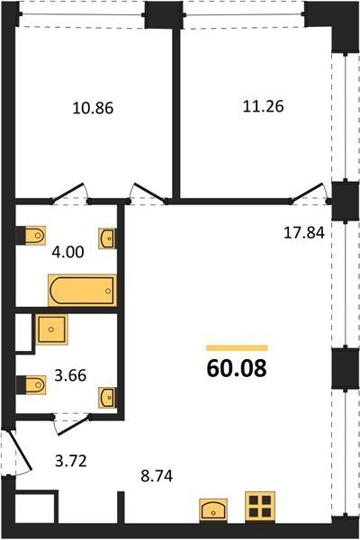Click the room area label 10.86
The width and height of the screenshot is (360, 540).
pos(93,108)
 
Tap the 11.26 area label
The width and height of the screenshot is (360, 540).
pos(263,106)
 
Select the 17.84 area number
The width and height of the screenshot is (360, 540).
pos(304,233)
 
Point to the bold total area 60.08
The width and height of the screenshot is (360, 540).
pos(237,368)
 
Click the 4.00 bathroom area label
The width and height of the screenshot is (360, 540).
pos(67,252)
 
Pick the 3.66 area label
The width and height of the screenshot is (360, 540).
pos(70,375)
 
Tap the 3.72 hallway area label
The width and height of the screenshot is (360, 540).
pos(71,461)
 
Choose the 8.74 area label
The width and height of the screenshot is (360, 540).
pos(157,476)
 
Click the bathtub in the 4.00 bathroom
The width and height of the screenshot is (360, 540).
pos(82,291)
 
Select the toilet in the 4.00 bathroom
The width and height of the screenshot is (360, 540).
pos(31,236)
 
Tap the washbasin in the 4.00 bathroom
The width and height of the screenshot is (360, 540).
pos(107,238)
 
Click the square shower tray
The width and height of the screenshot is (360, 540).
pos(51,329)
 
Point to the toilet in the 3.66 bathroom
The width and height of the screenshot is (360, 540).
pos(31,385)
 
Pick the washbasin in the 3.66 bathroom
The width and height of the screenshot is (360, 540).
pos(107,398)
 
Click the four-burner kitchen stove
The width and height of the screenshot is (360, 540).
pos(260,506)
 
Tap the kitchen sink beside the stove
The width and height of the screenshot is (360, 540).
pos(213,508)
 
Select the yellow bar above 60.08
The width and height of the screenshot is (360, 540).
pos(237,347)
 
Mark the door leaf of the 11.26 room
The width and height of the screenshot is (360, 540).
pos(308,193)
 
